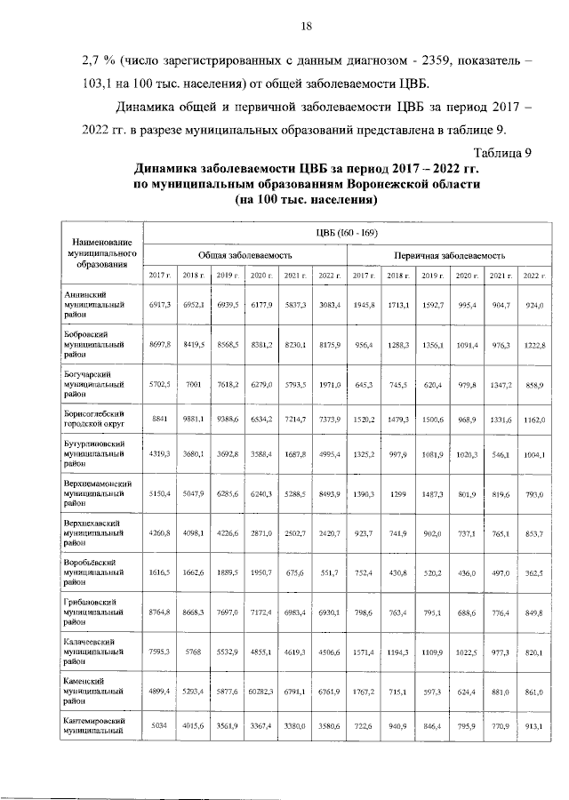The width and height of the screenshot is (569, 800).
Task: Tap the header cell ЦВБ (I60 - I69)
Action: pyautogui.click(x=346, y=233)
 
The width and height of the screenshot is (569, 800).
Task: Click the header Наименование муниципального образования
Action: pyautogui.click(x=93, y=252)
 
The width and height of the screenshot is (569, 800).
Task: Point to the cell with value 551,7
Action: pyautogui.click(x=330, y=573)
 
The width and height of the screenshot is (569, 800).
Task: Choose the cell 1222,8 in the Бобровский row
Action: pyautogui.click(x=533, y=343)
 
